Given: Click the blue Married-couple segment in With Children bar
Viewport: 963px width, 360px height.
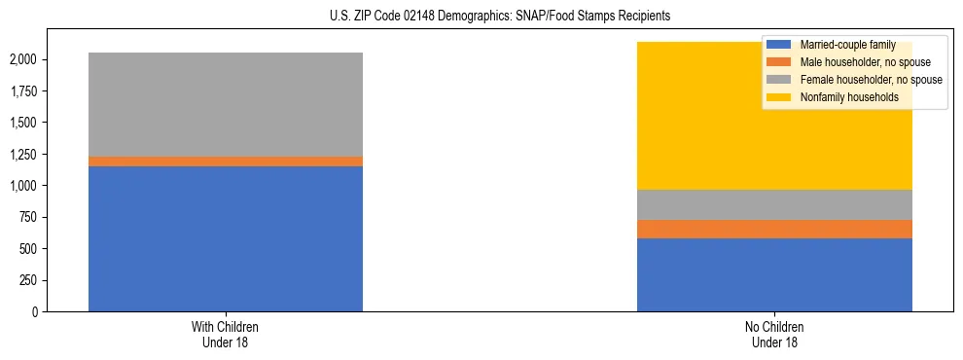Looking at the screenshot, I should point(226,238).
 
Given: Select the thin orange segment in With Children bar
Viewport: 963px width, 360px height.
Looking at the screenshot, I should point(226,162).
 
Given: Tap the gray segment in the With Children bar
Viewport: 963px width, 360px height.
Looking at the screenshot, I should point(226,104).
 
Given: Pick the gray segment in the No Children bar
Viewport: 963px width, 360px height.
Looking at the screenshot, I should point(774,204).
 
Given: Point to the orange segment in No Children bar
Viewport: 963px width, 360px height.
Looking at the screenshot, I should point(774,230).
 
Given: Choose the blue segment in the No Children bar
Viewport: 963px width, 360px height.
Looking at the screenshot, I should point(774,274).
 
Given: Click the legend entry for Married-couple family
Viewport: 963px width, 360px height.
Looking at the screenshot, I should point(842,45).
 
